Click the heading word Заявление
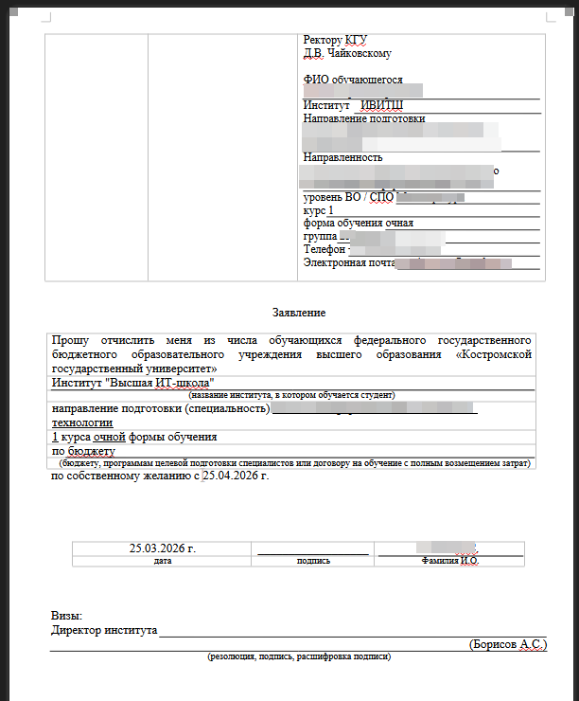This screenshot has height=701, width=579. (298, 312)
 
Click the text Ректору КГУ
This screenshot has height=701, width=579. (335, 40)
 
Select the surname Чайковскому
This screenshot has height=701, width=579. (359, 53)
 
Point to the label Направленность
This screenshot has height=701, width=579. (342, 157)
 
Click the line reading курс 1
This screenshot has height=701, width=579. (318, 209)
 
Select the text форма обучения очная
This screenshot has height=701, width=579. (359, 223)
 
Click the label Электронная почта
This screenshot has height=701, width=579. (347, 262)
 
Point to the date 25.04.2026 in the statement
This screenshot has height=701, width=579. (231, 476)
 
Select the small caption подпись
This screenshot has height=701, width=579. (313, 561)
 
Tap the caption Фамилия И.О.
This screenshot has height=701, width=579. (450, 561)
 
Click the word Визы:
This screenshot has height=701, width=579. (67, 616)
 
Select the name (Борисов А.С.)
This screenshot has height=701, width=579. (507, 644)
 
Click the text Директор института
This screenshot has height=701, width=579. (104, 630)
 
